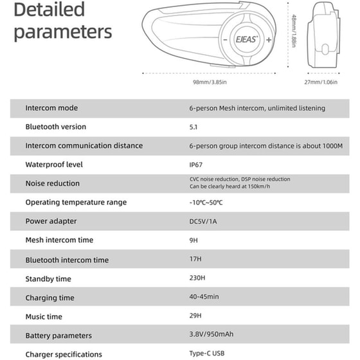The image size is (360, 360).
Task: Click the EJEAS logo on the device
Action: tap(244, 39)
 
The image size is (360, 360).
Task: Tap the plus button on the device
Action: tap(268, 39)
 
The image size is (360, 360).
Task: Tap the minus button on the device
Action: tap(224, 39)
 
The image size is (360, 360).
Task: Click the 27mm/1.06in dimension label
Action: tap(321, 82)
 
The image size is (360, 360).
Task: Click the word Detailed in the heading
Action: tap(49, 10)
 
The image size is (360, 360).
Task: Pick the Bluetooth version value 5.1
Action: tap(194, 127)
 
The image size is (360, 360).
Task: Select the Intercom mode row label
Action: tap(51, 108)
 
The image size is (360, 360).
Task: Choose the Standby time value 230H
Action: tap(197, 278)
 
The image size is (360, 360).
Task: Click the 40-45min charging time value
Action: tap(205, 298)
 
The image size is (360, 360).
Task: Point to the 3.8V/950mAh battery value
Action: tap(212, 335)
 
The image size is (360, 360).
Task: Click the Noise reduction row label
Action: tap(53, 183)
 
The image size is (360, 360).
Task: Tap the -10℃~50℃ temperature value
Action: tap(206, 203)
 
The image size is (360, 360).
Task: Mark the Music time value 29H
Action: tap(195, 316)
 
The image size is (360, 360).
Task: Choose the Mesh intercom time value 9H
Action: tap(194, 240)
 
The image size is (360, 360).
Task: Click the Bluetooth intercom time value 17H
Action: tap(195, 259)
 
